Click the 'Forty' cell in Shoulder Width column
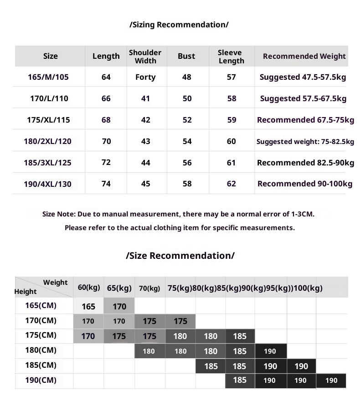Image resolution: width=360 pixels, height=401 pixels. [145, 77]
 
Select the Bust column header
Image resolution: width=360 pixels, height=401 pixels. [186, 56]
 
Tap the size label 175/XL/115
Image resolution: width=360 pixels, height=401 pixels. [48, 120]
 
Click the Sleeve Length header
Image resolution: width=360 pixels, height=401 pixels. [231, 57]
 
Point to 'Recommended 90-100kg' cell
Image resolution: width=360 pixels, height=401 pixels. [305, 184]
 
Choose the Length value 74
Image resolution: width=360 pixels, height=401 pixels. [106, 184]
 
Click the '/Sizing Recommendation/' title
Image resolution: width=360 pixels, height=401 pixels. [179, 25]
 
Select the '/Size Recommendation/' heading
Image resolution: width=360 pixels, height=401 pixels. [180, 255]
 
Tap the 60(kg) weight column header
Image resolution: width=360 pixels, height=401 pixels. [88, 287]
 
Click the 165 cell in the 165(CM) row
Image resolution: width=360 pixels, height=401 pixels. [88, 306]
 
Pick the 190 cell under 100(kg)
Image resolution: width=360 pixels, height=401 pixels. [331, 380]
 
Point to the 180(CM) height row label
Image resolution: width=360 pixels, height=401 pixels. [41, 350]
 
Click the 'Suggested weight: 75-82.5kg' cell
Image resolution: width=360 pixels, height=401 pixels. [305, 142]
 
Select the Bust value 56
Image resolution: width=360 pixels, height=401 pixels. [187, 163]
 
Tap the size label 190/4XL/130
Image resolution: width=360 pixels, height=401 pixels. [47, 184]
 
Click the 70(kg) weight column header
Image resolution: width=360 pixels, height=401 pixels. [149, 288]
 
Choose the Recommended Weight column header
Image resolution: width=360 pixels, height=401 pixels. [304, 56]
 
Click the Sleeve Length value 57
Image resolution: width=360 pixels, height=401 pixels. [231, 77]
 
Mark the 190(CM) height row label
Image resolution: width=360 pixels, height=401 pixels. [41, 380]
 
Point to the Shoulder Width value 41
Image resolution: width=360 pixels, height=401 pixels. [145, 98]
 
